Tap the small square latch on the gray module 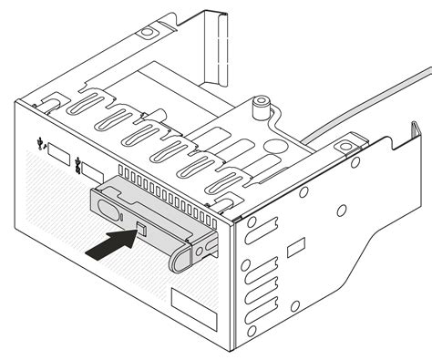pyautogui.click(x=141, y=229)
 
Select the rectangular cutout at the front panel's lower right pyautogui.click(x=193, y=310)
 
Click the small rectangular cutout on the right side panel pyautogui.click(x=294, y=247)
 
